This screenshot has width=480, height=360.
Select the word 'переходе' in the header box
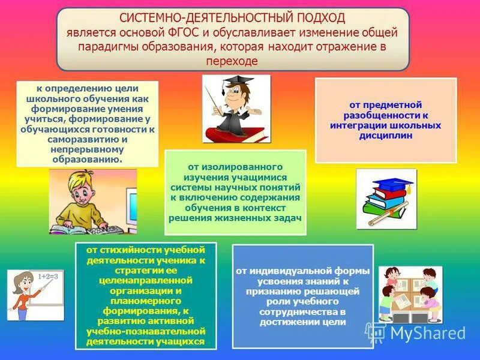(x=232, y=61)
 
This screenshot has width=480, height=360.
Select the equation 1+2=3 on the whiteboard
(x=48, y=277)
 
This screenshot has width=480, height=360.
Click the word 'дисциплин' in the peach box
(x=385, y=135)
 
